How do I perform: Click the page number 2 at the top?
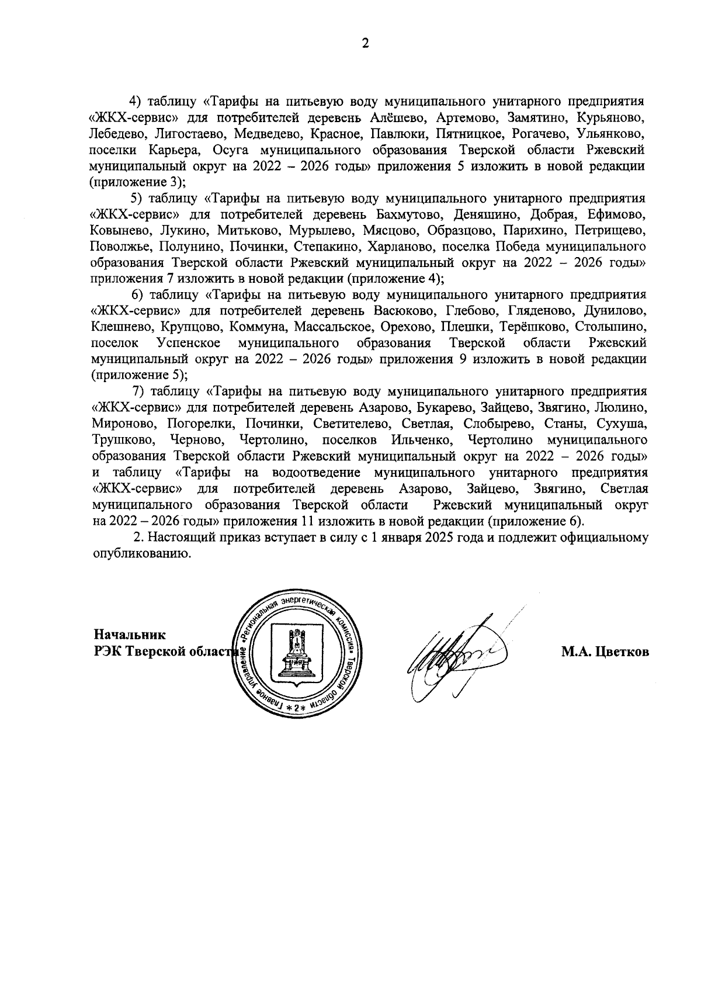point(365,44)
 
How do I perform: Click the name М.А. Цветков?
point(605,653)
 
